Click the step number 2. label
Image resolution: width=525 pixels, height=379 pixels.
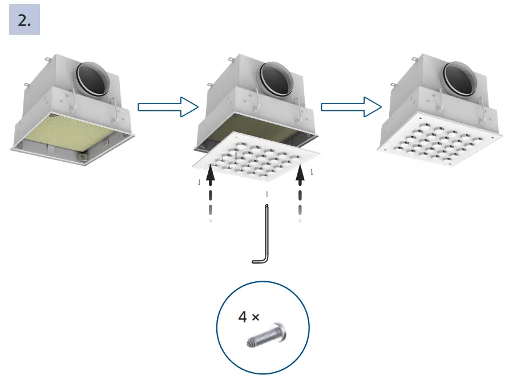coord(25,21)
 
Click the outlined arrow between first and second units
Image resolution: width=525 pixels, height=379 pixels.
coord(167,106)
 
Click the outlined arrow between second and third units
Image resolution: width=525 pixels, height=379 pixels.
coord(351,106)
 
